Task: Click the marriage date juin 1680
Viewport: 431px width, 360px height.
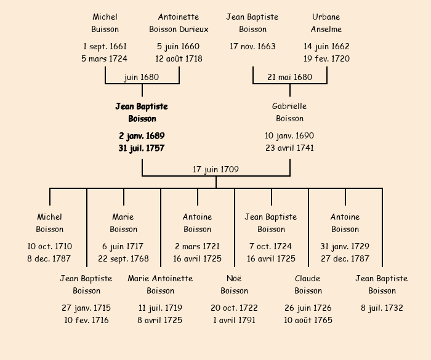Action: point(142,78)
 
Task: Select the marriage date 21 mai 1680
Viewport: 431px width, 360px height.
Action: point(289,78)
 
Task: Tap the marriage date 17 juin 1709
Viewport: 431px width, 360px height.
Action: point(216,170)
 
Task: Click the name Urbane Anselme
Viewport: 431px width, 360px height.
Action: point(326,23)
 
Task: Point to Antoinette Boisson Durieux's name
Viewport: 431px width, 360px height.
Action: point(179,23)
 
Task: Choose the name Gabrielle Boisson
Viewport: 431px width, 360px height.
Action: point(289,113)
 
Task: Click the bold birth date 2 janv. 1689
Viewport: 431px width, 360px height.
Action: point(142,135)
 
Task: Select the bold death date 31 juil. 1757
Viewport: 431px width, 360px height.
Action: point(142,148)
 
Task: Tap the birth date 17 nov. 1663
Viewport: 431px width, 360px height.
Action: point(252,46)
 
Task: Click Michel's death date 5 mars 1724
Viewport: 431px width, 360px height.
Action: point(105,59)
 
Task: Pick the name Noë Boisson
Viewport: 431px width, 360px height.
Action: point(234,284)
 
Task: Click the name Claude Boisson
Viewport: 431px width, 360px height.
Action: point(308,284)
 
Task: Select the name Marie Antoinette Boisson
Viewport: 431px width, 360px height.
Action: point(160,284)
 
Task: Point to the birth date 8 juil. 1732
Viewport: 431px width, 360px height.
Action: point(382,308)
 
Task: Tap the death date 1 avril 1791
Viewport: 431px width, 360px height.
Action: point(234,320)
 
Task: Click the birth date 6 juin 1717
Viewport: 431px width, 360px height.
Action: point(123,246)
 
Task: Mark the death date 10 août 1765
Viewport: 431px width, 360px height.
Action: point(308,320)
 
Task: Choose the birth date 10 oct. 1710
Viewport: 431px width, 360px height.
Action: point(49,246)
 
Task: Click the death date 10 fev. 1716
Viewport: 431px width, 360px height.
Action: point(86,320)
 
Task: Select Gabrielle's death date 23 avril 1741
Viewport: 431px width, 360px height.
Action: point(289,148)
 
